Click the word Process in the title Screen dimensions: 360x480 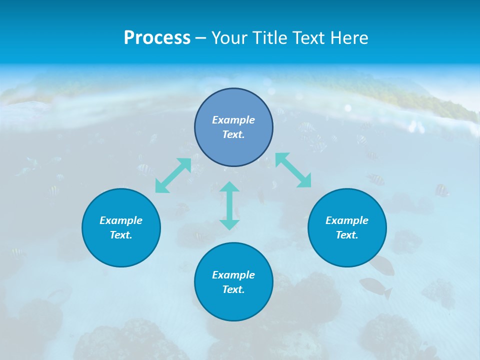157,38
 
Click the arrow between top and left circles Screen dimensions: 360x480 173,175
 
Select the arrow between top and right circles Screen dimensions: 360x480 293,170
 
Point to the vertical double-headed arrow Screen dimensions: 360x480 229,205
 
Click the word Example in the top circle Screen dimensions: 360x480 233,120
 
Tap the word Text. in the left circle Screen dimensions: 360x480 121,235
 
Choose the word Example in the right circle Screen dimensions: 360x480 347,220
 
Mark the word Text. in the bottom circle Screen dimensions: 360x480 233,289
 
